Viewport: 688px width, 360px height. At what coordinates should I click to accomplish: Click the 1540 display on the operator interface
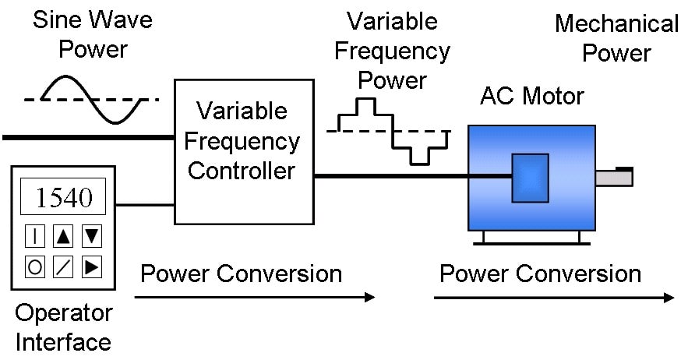[x=63, y=196]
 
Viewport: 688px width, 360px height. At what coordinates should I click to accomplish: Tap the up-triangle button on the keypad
[x=63, y=236]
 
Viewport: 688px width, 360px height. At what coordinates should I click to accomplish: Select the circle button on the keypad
[x=34, y=266]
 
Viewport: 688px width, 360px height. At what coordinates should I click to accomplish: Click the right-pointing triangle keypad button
[x=92, y=266]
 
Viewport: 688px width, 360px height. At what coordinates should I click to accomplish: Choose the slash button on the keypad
[x=63, y=266]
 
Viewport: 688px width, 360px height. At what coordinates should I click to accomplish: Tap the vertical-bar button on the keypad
[x=34, y=236]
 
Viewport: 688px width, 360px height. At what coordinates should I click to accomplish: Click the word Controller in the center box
[x=242, y=171]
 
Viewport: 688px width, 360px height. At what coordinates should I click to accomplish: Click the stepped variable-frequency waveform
[x=393, y=131]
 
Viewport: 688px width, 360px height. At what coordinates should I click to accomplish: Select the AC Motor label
[x=532, y=96]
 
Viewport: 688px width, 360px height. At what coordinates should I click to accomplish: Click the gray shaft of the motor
[x=614, y=178]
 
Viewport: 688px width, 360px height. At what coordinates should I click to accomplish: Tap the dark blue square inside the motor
[x=530, y=178]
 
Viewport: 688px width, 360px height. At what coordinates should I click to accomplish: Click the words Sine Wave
[x=93, y=19]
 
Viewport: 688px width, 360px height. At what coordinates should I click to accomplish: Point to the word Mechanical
[x=617, y=23]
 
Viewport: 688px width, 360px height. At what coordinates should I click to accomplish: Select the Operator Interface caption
[x=64, y=327]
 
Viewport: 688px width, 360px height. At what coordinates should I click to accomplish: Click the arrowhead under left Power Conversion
[x=370, y=297]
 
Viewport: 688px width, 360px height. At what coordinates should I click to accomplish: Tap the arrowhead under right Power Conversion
[x=669, y=298]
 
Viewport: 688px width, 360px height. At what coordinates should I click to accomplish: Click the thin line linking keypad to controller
[x=145, y=205]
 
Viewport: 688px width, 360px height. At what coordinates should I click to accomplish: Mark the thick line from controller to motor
[x=413, y=176]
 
